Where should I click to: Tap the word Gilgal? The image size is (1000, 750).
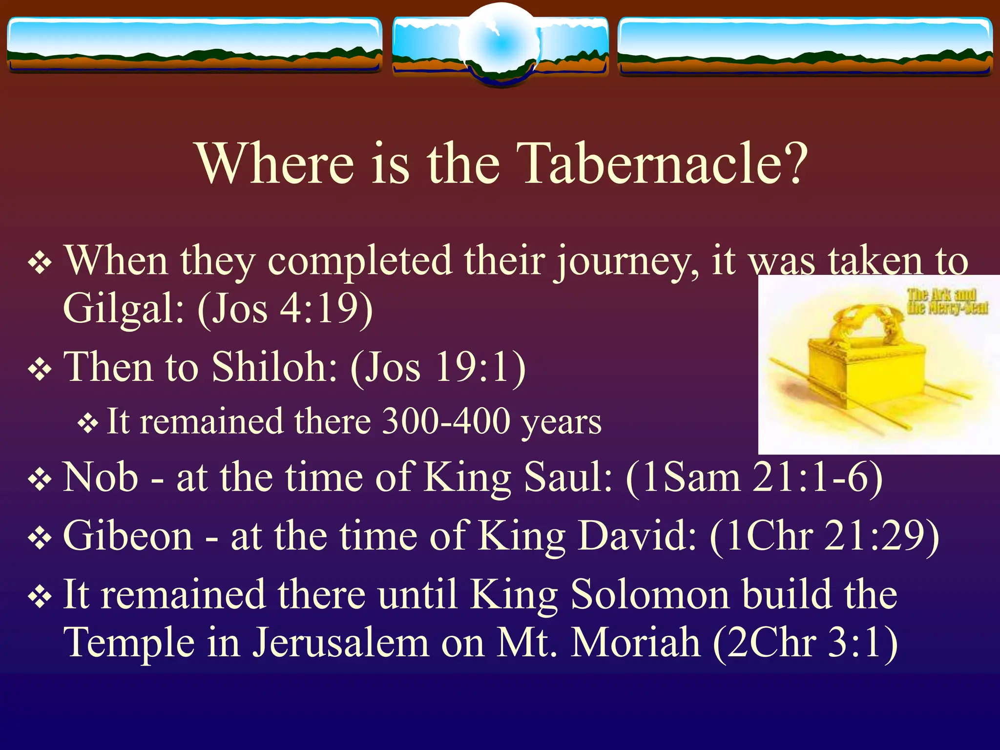pyautogui.click(x=124, y=309)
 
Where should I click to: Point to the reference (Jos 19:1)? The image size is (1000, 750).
pyautogui.click(x=438, y=367)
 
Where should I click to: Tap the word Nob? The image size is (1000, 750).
pyautogui.click(x=101, y=477)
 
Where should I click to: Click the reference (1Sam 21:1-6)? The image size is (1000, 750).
pyautogui.click(x=754, y=478)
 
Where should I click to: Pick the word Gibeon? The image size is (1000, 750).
pyautogui.click(x=128, y=536)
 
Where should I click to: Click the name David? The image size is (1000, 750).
pyautogui.click(x=637, y=536)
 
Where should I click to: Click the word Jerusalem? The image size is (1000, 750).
pyautogui.click(x=340, y=643)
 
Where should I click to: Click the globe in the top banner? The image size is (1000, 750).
pyautogui.click(x=500, y=45)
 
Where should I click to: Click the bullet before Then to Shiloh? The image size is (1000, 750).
pyautogui.click(x=40, y=370)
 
